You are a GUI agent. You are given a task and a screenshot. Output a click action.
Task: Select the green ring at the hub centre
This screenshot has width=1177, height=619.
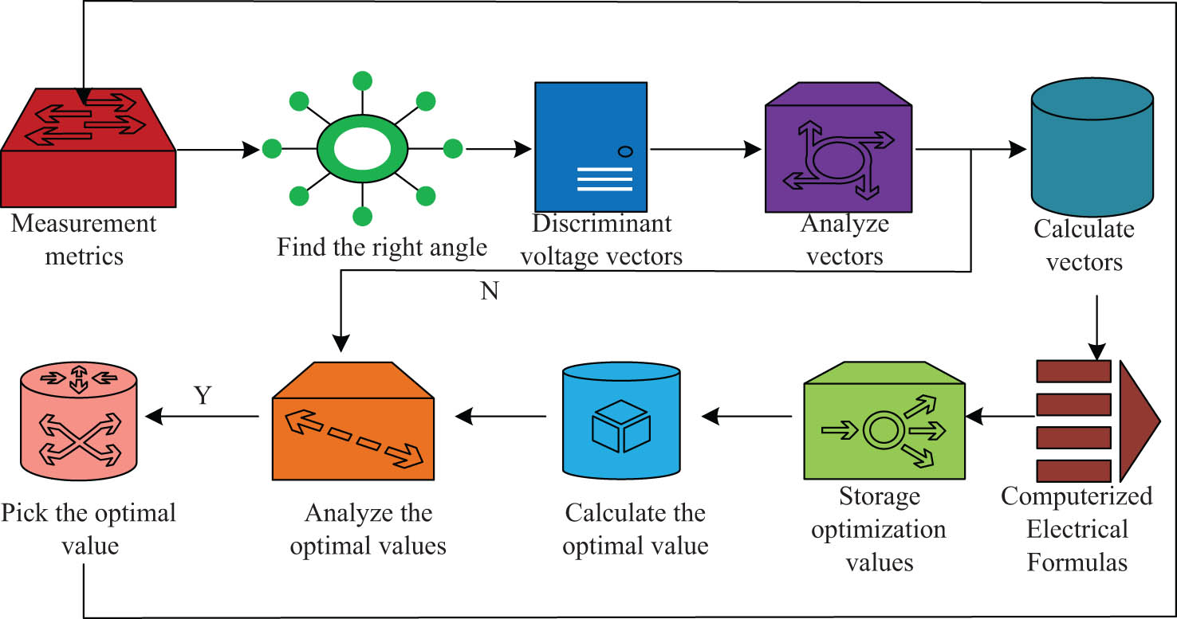click(x=363, y=148)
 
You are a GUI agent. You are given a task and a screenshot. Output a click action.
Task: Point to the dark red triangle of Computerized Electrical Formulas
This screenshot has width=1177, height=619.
click(x=1137, y=421)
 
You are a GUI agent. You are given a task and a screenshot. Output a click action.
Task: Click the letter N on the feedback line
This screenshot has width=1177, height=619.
click(x=490, y=292)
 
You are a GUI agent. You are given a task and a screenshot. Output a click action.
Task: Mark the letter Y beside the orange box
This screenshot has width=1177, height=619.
click(x=203, y=396)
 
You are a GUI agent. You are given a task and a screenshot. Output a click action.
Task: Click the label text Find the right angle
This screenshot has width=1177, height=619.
click(x=382, y=247)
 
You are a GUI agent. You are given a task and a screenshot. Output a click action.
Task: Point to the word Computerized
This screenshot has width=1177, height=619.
click(x=1077, y=496)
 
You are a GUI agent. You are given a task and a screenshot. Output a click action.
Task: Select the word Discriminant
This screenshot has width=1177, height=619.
click(x=602, y=223)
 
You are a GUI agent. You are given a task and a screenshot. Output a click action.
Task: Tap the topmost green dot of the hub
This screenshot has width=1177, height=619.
click(x=363, y=80)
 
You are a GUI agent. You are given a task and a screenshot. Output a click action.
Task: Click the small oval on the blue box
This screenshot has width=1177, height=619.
click(x=625, y=150)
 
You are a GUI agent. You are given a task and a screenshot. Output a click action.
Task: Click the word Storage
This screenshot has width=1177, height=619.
click(x=879, y=496)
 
